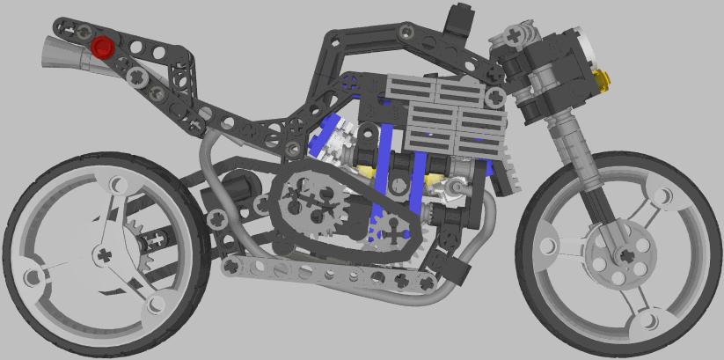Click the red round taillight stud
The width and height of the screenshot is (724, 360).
[103, 47]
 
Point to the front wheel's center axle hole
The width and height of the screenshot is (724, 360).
[625, 255]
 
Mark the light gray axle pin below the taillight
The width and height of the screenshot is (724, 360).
[138, 78]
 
